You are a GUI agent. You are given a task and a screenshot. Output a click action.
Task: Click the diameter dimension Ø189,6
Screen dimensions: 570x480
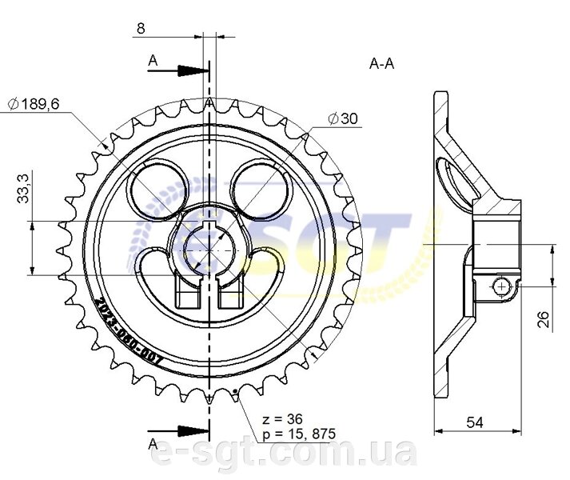pyautogui.click(x=34, y=105)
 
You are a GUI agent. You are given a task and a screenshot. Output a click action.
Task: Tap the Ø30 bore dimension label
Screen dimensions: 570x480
pyautogui.click(x=343, y=118)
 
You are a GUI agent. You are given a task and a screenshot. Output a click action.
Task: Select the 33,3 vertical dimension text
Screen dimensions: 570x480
pyautogui.click(x=23, y=188)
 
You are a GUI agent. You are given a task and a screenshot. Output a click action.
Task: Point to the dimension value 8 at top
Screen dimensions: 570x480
pyautogui.click(x=141, y=28)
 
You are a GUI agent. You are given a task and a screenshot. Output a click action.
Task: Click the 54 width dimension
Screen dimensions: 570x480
pyautogui.click(x=475, y=422)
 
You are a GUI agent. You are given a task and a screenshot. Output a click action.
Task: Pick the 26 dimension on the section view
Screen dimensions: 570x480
pyautogui.click(x=544, y=319)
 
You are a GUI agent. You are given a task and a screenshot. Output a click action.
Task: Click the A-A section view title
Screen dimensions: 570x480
pyautogui.click(x=381, y=64)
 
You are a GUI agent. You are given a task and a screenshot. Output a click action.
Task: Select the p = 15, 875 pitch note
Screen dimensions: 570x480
pyautogui.click(x=299, y=434)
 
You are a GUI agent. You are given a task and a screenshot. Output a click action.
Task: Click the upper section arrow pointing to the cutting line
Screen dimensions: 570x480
pyautogui.click(x=178, y=70)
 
